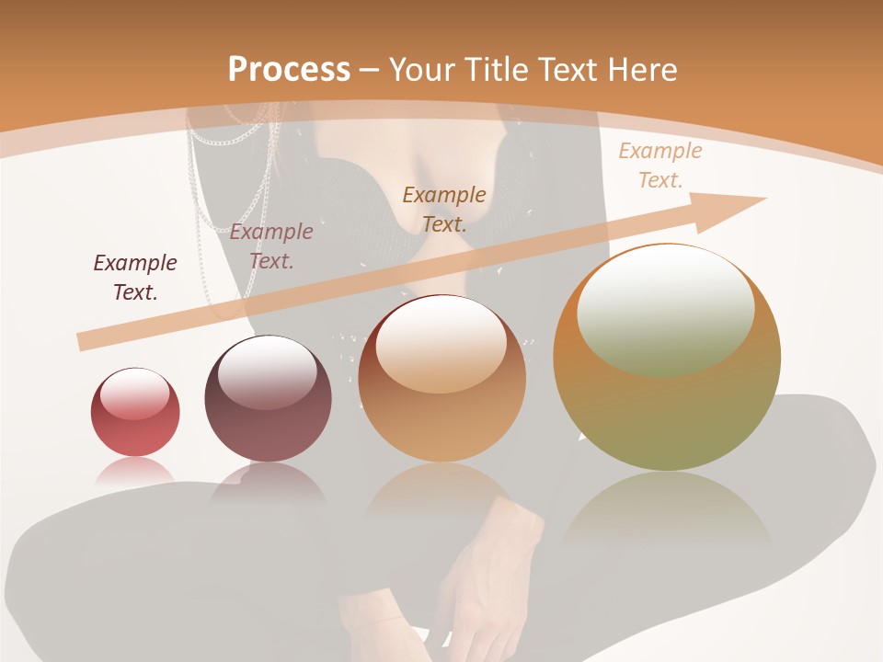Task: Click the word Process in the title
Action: coord(289,69)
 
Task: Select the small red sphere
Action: coord(135,412)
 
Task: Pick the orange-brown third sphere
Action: coord(442,379)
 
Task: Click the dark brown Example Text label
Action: coord(135,277)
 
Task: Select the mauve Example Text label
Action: coord(271,245)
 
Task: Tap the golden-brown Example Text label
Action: coord(444,209)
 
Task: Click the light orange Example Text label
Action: coord(659,165)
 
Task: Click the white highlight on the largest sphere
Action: coord(665,309)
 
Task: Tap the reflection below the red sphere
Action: coord(135,471)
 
